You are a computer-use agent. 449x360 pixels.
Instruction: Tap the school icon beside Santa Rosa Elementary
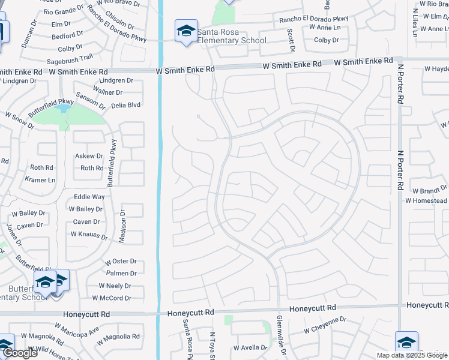186,31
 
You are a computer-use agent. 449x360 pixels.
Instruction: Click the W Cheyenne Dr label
325,329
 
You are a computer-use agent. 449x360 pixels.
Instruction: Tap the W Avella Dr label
250,347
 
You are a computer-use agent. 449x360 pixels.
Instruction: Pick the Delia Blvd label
125,104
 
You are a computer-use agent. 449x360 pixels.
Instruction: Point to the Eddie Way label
89,197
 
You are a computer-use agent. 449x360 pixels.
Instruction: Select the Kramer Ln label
40,179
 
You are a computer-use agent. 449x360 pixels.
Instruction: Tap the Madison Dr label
122,226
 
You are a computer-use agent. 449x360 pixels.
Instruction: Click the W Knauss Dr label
88,237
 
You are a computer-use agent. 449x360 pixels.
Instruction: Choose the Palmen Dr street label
122,273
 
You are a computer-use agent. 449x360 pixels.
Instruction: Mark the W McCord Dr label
112,298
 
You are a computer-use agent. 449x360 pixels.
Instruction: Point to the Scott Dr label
291,39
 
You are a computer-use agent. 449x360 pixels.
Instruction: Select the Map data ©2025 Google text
412,355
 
